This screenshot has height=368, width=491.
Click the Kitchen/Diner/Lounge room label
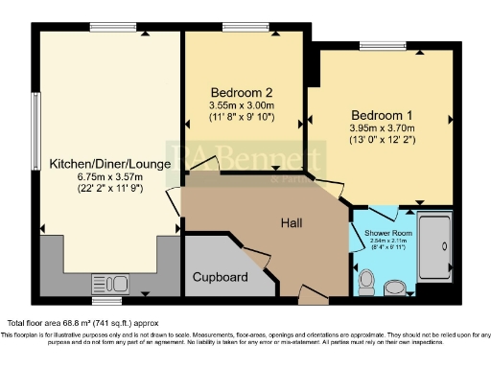(109, 164)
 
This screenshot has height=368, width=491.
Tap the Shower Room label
(376, 231)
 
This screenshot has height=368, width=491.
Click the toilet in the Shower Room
(365, 279)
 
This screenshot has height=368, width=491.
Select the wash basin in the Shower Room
(393, 287)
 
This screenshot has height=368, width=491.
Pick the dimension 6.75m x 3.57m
(109, 177)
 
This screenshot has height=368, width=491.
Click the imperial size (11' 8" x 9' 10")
(242, 117)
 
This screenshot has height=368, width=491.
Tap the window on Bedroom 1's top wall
(381, 46)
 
